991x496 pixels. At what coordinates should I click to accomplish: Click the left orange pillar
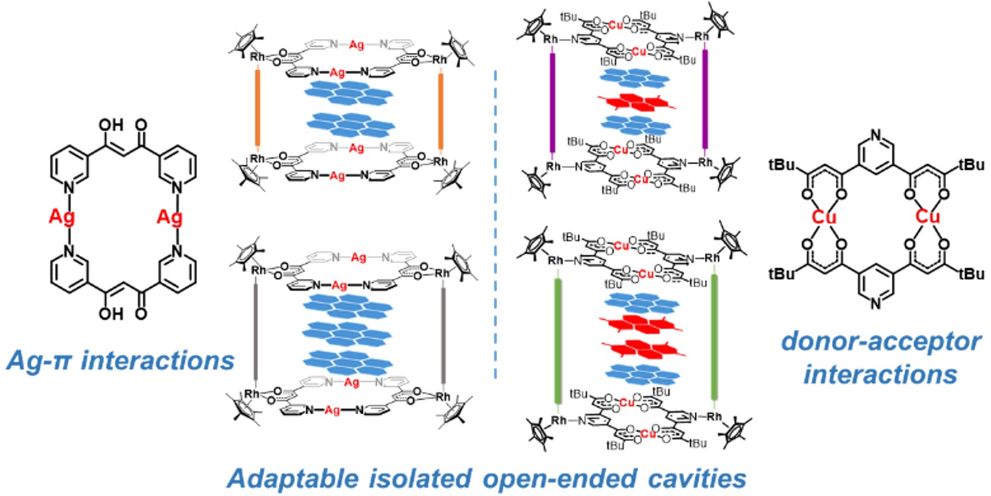pyautogui.click(x=258, y=108)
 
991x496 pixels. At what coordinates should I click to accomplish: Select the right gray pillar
pyautogui.click(x=443, y=333)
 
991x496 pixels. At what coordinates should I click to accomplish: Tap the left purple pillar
pyautogui.click(x=552, y=102)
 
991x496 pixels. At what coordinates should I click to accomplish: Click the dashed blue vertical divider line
pyautogui.click(x=495, y=225)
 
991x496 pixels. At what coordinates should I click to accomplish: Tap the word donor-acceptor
pyautogui.click(x=881, y=342)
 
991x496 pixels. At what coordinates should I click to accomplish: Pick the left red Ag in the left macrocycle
pyautogui.click(x=62, y=217)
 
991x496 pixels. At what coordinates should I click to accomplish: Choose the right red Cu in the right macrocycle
pyautogui.click(x=927, y=217)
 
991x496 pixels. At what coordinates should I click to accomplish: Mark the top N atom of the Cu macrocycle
pyautogui.click(x=877, y=136)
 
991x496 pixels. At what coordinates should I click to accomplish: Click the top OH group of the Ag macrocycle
pyautogui.click(x=111, y=125)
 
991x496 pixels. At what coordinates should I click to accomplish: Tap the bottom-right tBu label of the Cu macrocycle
pyautogui.click(x=971, y=274)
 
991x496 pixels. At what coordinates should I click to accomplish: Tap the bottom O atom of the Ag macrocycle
pyautogui.click(x=141, y=312)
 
